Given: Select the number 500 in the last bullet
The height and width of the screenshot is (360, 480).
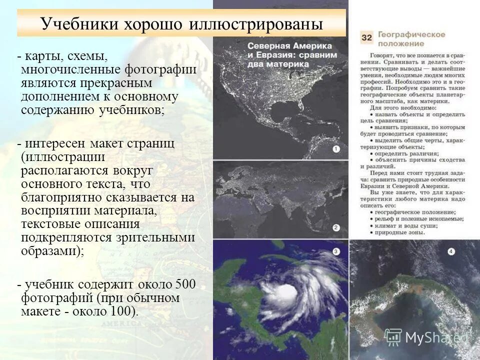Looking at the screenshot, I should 185,285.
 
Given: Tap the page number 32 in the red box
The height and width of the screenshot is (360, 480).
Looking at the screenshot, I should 366,38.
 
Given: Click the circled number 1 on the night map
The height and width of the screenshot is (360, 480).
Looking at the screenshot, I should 336,149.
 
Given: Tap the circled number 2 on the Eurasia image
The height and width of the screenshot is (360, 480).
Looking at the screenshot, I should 336,228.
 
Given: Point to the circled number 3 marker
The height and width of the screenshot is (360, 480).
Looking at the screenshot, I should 336,251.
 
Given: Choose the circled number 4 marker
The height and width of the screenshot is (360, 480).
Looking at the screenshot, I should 451,251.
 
